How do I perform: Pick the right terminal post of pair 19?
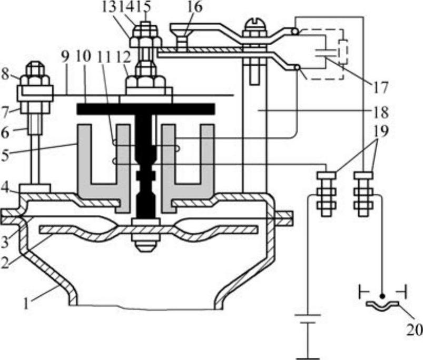(363, 192)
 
